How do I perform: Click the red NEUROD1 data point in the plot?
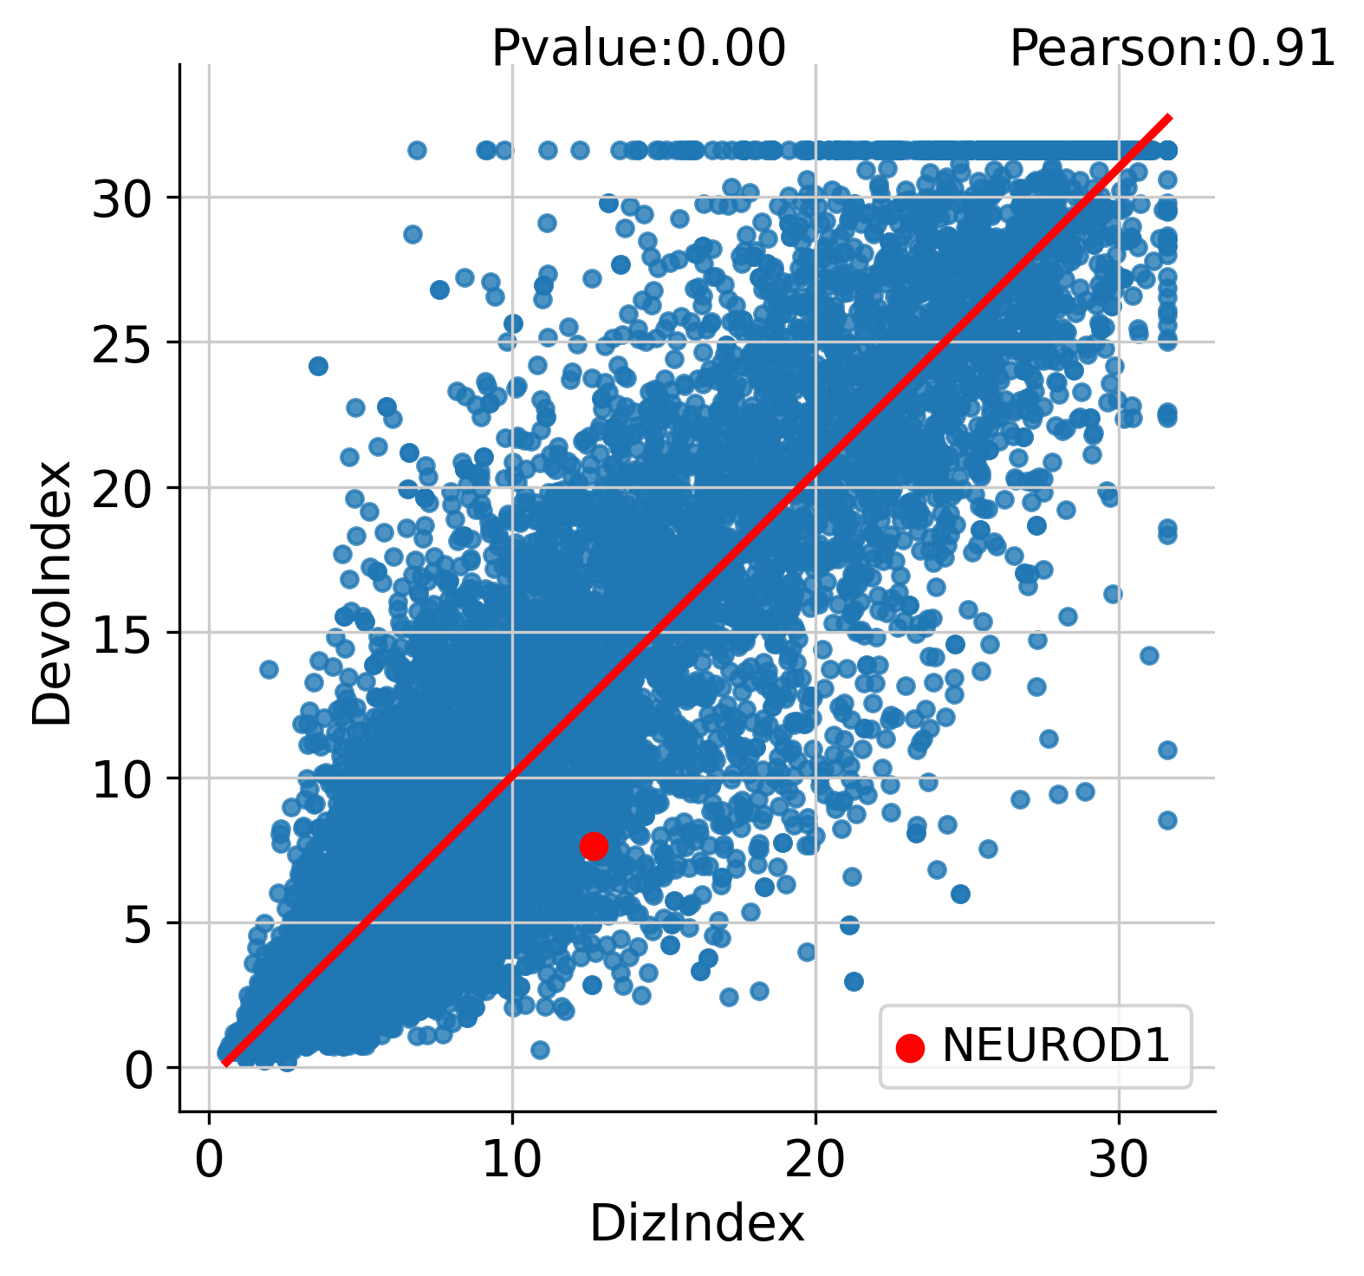coord(594,846)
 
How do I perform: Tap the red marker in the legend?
coord(910,1047)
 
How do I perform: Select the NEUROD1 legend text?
coord(1056,1045)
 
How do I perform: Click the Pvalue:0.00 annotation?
coord(639,49)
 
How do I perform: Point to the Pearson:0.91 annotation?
coord(1172,49)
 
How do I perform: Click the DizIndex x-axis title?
coord(698,1224)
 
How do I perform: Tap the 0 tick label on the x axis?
coord(208,1160)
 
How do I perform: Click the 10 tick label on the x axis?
coord(511,1160)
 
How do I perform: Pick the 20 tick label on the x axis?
coord(815,1160)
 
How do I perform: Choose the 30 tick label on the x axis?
coord(1118,1160)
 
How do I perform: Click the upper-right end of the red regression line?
coord(1170,116)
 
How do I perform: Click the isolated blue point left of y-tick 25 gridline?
coord(318,366)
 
